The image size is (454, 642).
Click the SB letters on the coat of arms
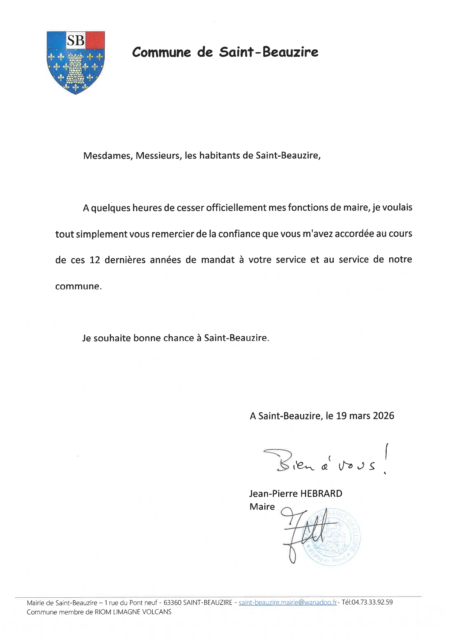(x=76, y=40)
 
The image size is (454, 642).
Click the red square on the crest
(x=95, y=40)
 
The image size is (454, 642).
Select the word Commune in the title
(x=161, y=52)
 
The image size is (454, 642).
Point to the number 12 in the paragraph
(x=95, y=260)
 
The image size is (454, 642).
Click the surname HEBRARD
(x=321, y=493)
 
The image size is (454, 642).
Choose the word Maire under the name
(x=262, y=507)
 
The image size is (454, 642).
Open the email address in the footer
(x=288, y=602)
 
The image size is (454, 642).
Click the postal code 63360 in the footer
(x=172, y=602)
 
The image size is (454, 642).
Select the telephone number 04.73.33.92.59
(x=372, y=602)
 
